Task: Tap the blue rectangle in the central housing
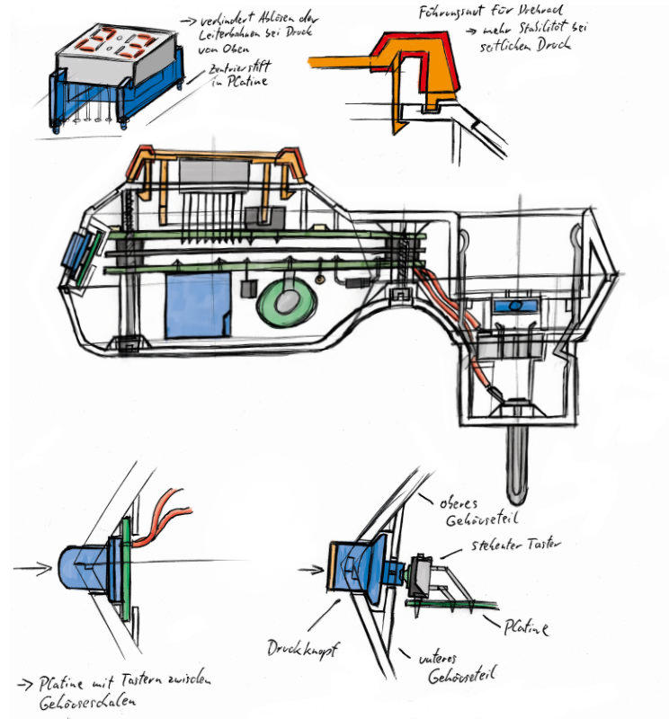click(198, 305)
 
